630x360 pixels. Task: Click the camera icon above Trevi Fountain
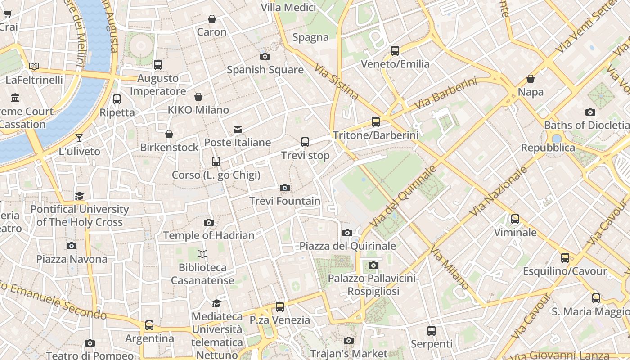pyautogui.click(x=284, y=188)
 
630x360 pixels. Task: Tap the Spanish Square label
pyautogui.click(x=265, y=70)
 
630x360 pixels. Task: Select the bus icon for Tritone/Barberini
pyautogui.click(x=375, y=121)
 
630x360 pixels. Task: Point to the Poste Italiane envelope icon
pyautogui.click(x=238, y=130)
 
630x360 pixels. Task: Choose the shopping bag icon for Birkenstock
pyautogui.click(x=169, y=134)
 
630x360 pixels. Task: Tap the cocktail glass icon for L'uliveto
pyautogui.click(x=79, y=138)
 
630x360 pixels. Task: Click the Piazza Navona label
pyautogui.click(x=72, y=259)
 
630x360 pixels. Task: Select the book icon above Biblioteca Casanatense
pyautogui.click(x=203, y=254)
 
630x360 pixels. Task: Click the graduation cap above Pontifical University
pyautogui.click(x=80, y=196)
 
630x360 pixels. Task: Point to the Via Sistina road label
pyautogui.click(x=336, y=81)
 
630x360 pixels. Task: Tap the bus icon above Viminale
pyautogui.click(x=515, y=219)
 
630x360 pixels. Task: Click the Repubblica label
pyautogui.click(x=548, y=148)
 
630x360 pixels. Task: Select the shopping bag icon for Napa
pyautogui.click(x=531, y=79)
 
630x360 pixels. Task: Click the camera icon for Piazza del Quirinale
pyautogui.click(x=347, y=233)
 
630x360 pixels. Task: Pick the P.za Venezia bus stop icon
pyautogui.click(x=280, y=307)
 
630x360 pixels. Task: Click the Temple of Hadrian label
pyautogui.click(x=209, y=235)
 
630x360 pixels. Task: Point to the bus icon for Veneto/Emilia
pyautogui.click(x=395, y=51)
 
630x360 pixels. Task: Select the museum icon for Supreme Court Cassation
pyautogui.click(x=16, y=98)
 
